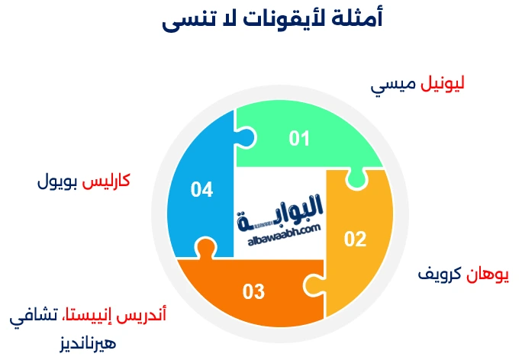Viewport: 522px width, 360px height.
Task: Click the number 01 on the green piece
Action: point(298,138)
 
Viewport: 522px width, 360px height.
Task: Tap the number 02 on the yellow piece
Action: point(355,239)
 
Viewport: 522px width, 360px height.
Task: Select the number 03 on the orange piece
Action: point(253,291)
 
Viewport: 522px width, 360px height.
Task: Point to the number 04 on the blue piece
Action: point(201,188)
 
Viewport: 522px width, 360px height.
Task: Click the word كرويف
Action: point(439,273)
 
